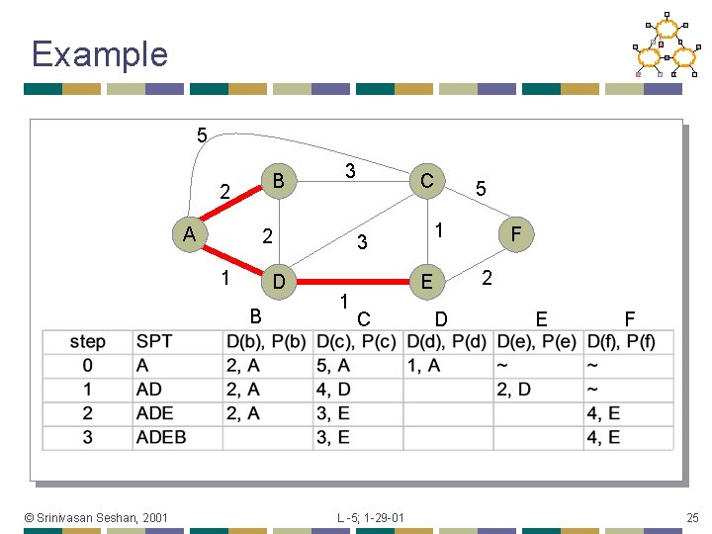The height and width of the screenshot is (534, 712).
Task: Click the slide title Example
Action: [x=100, y=53]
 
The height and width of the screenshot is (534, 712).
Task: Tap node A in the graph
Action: [x=188, y=234]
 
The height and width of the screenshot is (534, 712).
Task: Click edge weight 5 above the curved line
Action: [x=202, y=134]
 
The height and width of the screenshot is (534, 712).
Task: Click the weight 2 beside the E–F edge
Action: [x=488, y=278]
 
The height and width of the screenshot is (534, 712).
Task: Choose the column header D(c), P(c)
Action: [x=356, y=342]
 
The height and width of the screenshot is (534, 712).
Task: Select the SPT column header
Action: [x=154, y=342]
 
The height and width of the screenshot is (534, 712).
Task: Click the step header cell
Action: [x=88, y=342]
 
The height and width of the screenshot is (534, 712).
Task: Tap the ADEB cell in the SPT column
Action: [x=161, y=437]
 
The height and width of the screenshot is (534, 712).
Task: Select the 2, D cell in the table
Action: [x=514, y=390]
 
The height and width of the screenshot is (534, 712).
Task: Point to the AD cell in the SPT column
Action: [x=149, y=390]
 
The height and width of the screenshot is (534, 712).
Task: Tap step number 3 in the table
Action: [x=88, y=437]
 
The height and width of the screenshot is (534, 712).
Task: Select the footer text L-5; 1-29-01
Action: [x=370, y=517]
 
